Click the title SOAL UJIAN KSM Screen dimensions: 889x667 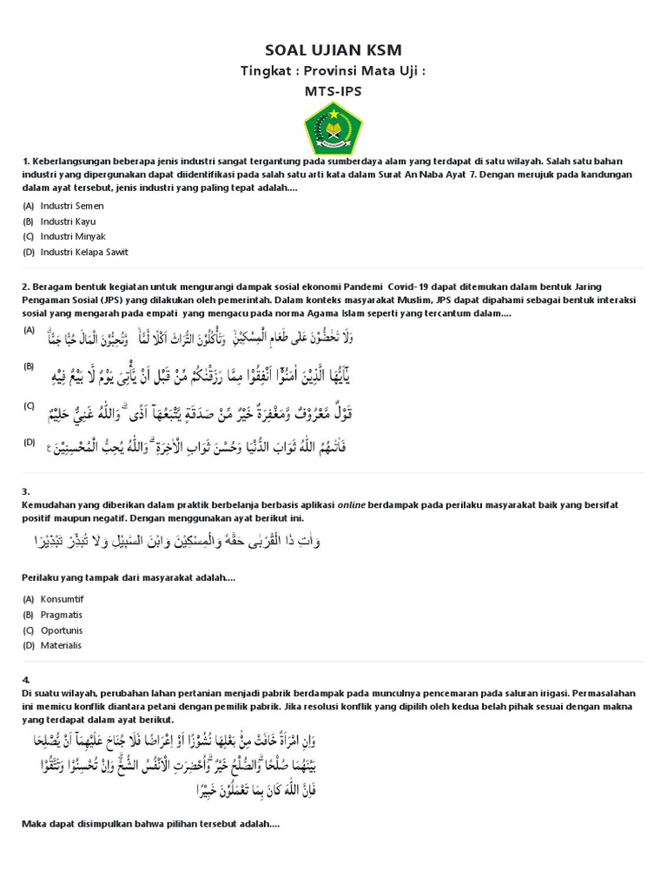pos(333,50)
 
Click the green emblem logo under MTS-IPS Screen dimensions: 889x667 pos(333,127)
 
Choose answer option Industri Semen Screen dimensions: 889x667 pos(72,206)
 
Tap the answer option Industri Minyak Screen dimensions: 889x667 pos(73,236)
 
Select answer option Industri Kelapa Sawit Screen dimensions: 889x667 pos(84,252)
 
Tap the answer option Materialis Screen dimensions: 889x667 pos(60,645)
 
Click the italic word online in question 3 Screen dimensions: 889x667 pos(351,504)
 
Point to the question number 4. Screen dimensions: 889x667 pos(26,679)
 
